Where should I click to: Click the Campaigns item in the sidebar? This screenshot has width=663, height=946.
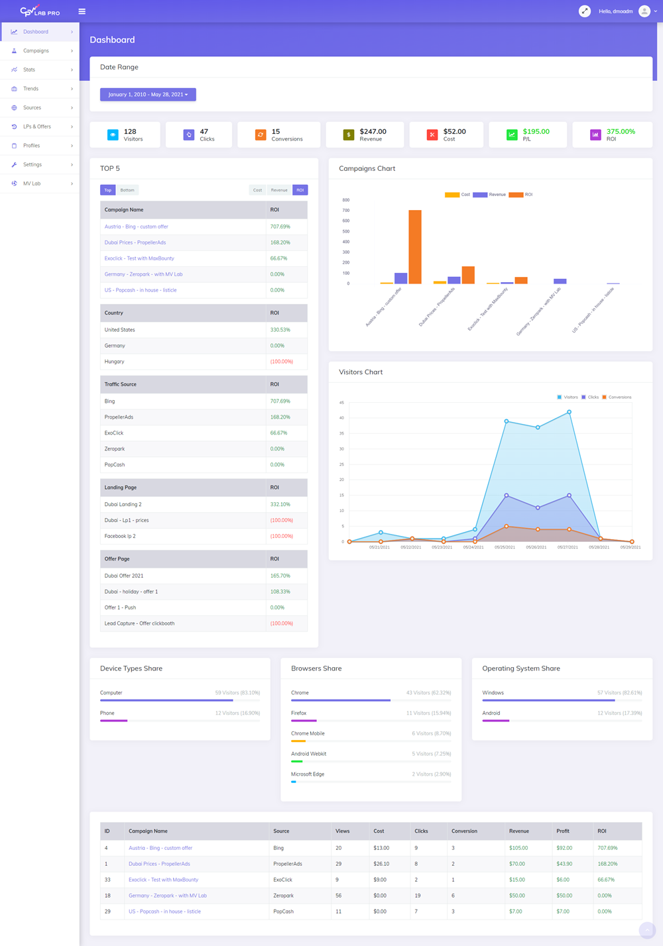click(x=36, y=51)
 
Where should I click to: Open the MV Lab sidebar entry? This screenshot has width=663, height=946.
click(x=32, y=184)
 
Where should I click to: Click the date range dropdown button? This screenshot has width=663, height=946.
click(x=148, y=95)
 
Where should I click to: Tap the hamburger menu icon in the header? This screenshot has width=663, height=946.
click(x=82, y=11)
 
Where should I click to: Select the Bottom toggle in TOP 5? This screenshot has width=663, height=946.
click(x=127, y=190)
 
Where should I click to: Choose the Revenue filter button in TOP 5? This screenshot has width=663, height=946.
click(x=279, y=190)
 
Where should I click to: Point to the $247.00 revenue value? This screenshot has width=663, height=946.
click(x=373, y=131)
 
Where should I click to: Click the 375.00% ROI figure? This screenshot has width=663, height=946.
click(x=621, y=131)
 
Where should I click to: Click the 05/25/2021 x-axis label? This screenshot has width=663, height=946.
click(x=505, y=547)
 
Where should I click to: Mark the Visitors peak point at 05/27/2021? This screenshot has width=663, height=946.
click(x=569, y=412)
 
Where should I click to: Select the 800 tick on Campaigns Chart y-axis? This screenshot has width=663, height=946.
click(x=345, y=200)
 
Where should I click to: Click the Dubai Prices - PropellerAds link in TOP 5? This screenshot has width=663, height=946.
click(x=135, y=242)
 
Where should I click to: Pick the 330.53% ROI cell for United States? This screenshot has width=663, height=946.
click(x=280, y=330)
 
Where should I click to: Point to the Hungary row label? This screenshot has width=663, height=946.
click(x=114, y=362)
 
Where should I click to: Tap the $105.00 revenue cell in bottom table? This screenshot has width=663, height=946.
click(x=518, y=848)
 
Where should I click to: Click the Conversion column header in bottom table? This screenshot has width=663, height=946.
click(x=464, y=831)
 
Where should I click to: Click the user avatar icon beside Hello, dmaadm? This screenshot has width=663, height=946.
click(x=644, y=11)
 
